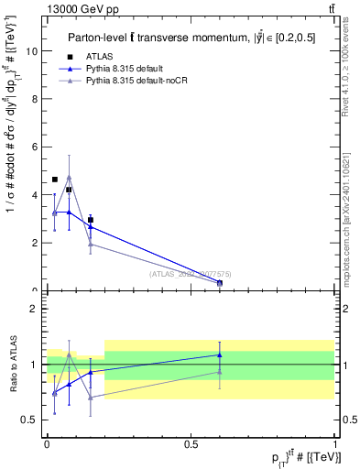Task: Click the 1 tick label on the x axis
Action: (x=335, y=444)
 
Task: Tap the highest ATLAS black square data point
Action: (x=55, y=180)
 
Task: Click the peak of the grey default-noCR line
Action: (x=69, y=178)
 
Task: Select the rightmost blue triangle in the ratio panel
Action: (x=220, y=354)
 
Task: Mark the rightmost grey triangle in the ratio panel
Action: (x=220, y=372)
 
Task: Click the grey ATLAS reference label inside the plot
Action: (x=190, y=273)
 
